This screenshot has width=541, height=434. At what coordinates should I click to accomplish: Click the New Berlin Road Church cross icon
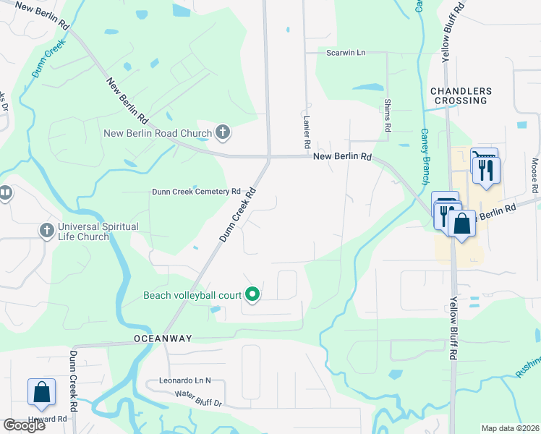tap(223, 133)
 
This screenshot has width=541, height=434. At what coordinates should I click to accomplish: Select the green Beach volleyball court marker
tap(252, 294)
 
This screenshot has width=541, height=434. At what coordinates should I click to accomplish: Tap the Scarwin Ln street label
tap(346, 53)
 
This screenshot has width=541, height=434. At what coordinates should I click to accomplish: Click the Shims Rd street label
tap(388, 116)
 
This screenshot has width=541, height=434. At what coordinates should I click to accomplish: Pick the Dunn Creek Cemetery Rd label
tap(195, 192)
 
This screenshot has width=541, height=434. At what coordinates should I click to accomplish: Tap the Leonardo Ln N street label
tap(184, 380)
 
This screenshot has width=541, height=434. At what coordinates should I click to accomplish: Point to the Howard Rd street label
tap(48, 419)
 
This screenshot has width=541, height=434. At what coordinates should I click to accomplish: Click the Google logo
tap(24, 425)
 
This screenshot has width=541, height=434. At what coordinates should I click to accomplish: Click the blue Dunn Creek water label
tap(48, 57)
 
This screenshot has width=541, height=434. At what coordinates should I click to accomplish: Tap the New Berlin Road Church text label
tap(158, 133)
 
